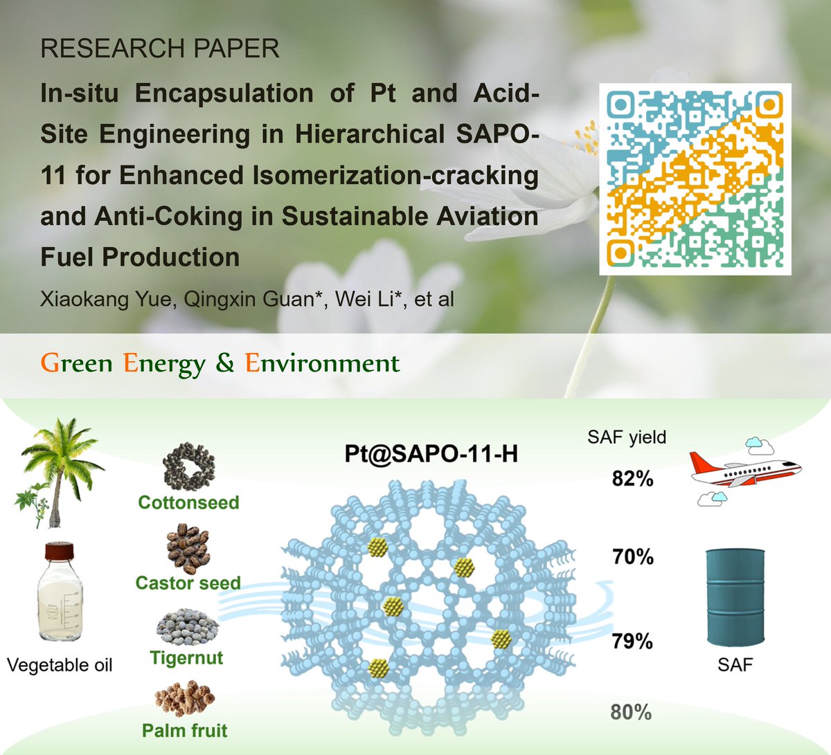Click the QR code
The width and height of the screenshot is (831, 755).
pos(695,179)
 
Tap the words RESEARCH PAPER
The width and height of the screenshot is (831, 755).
pos(160,49)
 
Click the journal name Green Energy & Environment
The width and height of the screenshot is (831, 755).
pos(220,363)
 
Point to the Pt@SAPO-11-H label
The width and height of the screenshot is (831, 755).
pos(431,454)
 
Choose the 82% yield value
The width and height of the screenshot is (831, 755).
pos(632,478)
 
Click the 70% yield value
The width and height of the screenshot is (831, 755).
pos(632,556)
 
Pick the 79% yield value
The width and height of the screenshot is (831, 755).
pos(632,642)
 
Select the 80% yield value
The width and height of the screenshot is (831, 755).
pos(631,711)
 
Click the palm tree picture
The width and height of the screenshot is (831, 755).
pos(54,471)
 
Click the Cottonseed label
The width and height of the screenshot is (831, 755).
pos(188,502)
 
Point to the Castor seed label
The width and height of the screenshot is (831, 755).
pos(188,583)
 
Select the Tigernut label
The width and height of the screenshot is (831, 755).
pos(187,657)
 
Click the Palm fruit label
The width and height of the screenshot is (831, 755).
pos(185,731)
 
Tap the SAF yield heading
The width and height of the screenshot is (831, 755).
pos(627,437)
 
